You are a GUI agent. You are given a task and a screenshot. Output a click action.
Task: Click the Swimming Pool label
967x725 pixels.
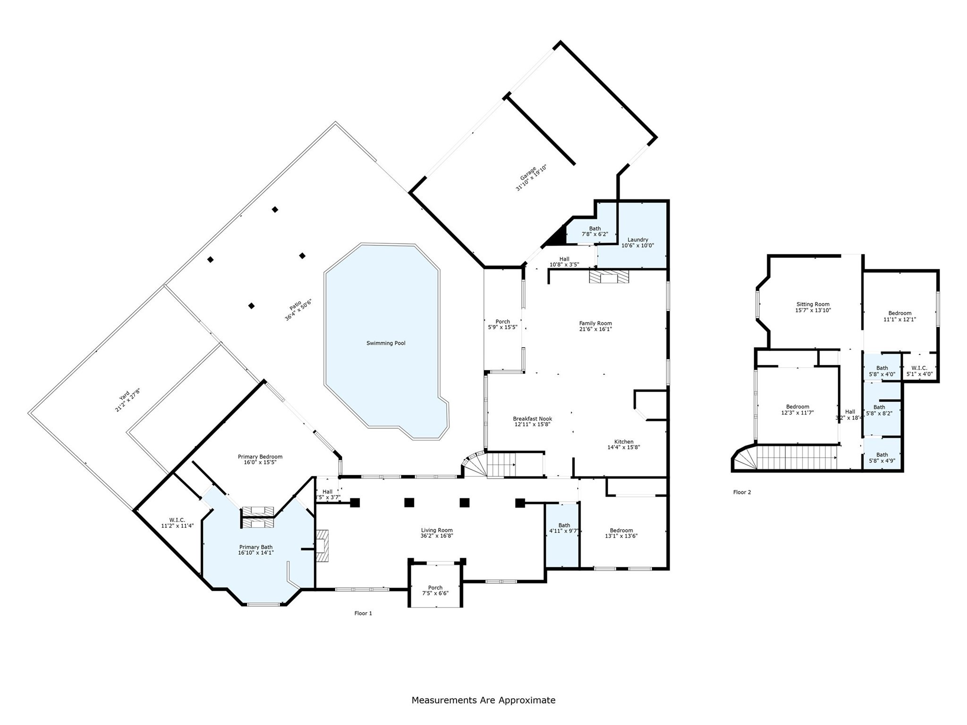tap(386, 343)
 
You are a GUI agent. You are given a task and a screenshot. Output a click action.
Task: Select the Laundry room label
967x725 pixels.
tap(637, 239)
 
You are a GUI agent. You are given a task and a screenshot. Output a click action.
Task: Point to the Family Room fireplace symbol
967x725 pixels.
tap(609, 277)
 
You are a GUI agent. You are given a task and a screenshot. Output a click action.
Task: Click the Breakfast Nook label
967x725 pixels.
tap(532, 419)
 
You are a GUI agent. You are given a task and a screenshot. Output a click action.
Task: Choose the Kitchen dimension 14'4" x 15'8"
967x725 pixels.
tap(623, 447)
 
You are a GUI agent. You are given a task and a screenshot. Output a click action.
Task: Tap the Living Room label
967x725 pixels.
tap(436, 530)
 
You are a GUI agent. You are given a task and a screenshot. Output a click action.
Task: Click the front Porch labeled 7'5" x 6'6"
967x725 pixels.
tap(435, 590)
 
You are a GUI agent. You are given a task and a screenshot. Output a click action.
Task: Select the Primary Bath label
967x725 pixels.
tap(255, 547)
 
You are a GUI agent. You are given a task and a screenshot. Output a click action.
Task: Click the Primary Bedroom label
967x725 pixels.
tap(260, 456)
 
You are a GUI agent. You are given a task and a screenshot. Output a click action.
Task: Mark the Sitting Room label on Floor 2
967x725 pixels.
tap(813, 304)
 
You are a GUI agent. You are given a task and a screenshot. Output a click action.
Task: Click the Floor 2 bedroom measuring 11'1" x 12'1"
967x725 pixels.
tap(899, 316)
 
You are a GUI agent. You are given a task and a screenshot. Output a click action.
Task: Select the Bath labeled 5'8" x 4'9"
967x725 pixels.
tap(882, 458)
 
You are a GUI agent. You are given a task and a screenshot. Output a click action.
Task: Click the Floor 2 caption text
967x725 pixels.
tap(742, 492)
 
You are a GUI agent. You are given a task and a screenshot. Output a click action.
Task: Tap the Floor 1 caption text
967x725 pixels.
tap(363, 613)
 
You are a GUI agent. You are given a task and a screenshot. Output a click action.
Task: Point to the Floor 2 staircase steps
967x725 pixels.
tap(796, 458)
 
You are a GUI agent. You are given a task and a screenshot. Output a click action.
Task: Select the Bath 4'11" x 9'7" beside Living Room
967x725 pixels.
tap(564, 528)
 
